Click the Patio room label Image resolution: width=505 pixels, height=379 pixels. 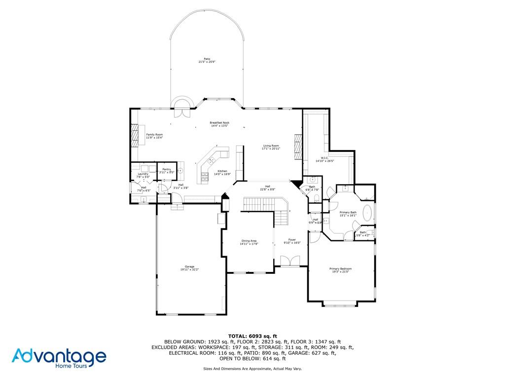[207, 59]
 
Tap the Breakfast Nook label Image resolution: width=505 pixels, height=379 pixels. [219, 123]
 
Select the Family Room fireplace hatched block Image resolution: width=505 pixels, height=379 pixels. [135, 135]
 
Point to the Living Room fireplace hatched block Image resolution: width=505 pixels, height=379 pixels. [297, 147]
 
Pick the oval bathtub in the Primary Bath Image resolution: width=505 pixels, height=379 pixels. [367, 214]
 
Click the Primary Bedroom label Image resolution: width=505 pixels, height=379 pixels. [340, 268]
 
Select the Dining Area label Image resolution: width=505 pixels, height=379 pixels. [249, 241]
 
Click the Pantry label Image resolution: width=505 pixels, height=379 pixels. [167, 169]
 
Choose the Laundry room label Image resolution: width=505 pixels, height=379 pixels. [143, 174]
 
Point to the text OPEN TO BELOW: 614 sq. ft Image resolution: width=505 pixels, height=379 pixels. [252, 359]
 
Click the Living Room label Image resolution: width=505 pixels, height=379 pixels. [271, 146]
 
